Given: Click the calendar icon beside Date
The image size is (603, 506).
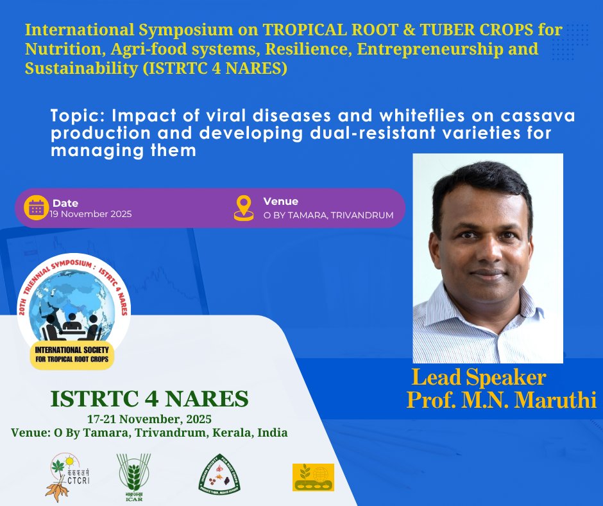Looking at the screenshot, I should click(x=37, y=207).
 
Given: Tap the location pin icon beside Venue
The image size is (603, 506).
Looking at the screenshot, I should click(x=244, y=207).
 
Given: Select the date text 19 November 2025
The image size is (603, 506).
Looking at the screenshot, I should click(x=91, y=214).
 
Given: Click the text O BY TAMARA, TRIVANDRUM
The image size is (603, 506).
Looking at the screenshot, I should click(x=328, y=215).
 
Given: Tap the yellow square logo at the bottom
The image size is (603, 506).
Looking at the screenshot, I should click(x=313, y=477).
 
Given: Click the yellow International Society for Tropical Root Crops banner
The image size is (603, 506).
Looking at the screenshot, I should click(x=72, y=355).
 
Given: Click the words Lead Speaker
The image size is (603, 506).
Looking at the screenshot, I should click(x=479, y=376).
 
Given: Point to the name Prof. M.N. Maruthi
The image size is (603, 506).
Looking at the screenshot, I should click(x=502, y=399).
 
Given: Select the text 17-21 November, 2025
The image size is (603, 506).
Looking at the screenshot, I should click(x=149, y=419).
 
